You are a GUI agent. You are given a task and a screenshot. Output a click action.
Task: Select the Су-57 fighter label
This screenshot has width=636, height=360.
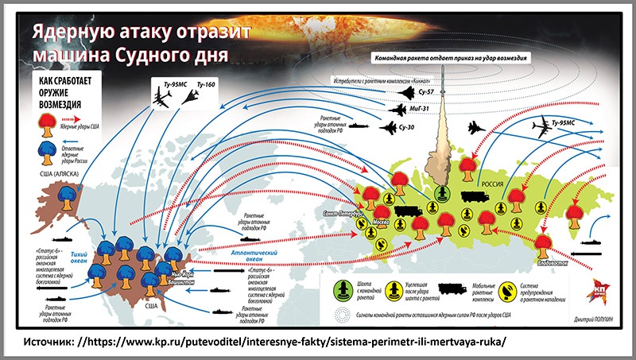425,94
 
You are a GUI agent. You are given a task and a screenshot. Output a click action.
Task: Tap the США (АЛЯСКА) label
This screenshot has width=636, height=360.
49,173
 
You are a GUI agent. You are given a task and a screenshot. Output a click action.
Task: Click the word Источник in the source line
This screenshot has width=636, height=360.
50,341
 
